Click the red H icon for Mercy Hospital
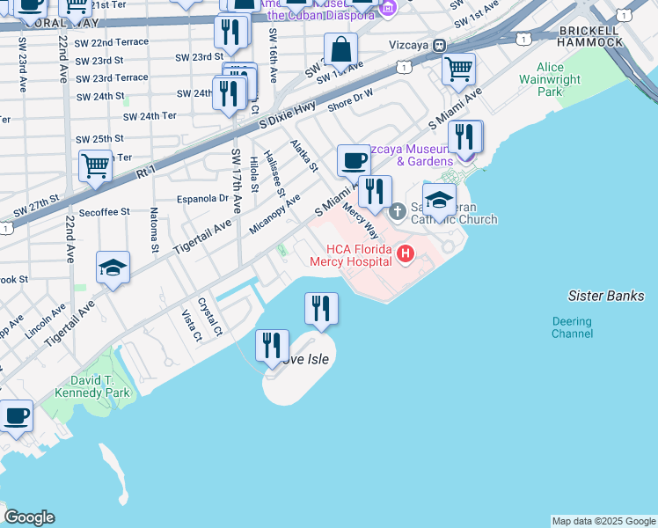[x=406, y=255]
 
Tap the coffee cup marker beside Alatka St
[x=354, y=161]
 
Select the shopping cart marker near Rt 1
[x=95, y=165]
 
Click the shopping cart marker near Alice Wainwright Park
[x=458, y=69]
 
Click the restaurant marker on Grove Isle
[x=273, y=344]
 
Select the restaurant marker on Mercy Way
[x=376, y=191]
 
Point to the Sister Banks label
[x=606, y=296]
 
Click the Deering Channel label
[x=572, y=327]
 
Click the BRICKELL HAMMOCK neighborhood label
[x=591, y=36]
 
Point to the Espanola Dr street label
[x=203, y=198]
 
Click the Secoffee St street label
[x=104, y=212]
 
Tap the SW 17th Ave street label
[x=237, y=180]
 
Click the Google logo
[x=29, y=517]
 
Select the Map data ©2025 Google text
[x=603, y=521]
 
